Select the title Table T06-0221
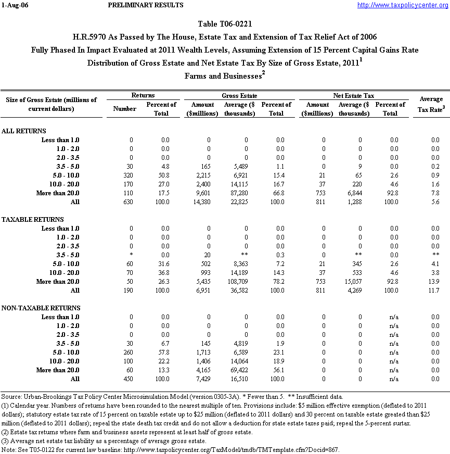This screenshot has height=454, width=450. coord(225,24)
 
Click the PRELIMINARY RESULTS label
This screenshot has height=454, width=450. coord(146,5)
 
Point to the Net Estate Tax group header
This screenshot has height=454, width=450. coord(354,96)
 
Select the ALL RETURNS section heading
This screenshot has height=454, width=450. coord(24,131)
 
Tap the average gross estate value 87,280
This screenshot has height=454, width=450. coord(242,193)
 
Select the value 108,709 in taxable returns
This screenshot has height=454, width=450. coord(241,281)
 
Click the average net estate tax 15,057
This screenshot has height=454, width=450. coord(358,281)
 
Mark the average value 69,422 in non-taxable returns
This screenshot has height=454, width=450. coord(242,370)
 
